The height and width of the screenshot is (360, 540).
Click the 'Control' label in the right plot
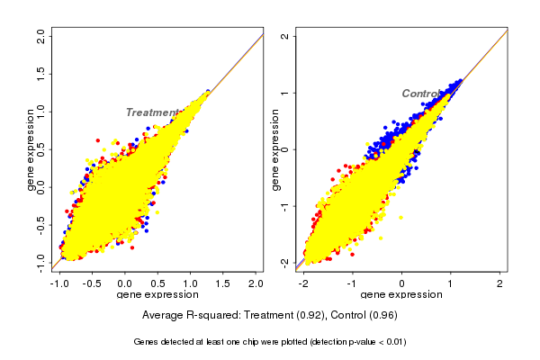click(420, 94)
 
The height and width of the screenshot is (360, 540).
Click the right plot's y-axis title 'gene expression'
click(274, 148)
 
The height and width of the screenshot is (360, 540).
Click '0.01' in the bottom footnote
click(392, 342)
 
